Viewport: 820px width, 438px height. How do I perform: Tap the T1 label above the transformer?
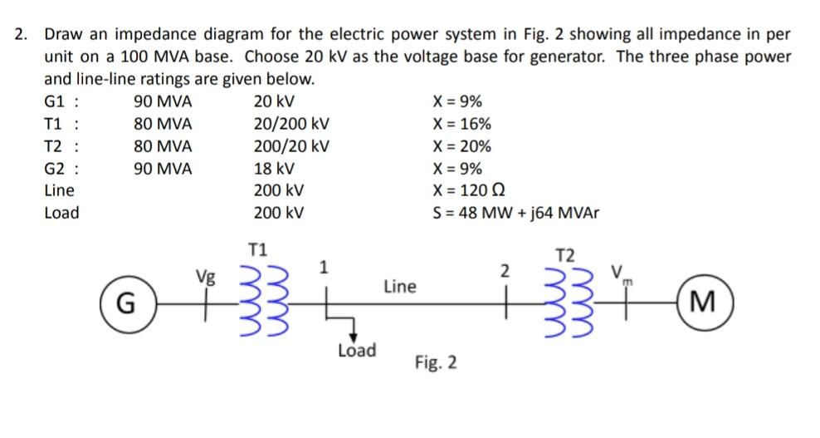(x=258, y=248)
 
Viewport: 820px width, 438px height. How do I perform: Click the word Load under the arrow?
(x=356, y=351)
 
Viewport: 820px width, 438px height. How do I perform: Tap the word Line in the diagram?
(x=399, y=287)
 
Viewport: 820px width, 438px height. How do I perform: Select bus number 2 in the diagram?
(x=503, y=269)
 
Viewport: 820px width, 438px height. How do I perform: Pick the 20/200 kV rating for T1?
(x=291, y=124)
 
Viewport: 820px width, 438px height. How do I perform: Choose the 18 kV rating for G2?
(x=274, y=168)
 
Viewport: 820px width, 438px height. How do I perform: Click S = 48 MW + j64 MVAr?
(x=515, y=213)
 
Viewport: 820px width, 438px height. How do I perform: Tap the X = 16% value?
(x=461, y=124)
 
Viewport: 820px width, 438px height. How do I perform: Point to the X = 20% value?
(x=461, y=146)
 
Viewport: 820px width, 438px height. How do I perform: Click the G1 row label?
(x=61, y=102)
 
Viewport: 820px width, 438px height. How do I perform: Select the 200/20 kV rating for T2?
(x=291, y=146)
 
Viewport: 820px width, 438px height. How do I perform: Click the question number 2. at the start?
(x=22, y=35)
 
